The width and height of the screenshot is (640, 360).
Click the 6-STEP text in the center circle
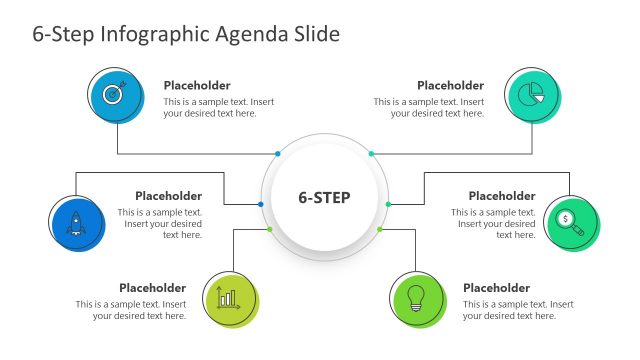[324, 197]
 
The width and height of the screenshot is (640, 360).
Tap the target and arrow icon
[112, 94]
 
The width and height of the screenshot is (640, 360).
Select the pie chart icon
[530, 93]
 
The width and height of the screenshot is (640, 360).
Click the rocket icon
[74, 221]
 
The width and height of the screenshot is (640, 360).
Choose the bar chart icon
[228, 297]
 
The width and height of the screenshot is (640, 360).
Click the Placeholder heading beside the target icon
[197, 86]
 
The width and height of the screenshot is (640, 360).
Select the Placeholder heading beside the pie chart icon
[450, 86]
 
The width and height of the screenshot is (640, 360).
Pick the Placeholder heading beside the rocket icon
[168, 196]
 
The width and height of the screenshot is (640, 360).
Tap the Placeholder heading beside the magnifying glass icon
[502, 196]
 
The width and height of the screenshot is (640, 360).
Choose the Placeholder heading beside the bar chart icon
[152, 288]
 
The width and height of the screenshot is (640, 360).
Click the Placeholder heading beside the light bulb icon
[496, 288]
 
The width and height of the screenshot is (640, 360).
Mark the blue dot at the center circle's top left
[278, 154]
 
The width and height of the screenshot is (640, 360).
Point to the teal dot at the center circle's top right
[371, 154]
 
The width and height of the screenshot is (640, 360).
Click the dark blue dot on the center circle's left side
[261, 204]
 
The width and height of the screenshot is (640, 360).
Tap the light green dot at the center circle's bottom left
[270, 230]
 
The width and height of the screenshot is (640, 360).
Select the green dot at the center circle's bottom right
[380, 230]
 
